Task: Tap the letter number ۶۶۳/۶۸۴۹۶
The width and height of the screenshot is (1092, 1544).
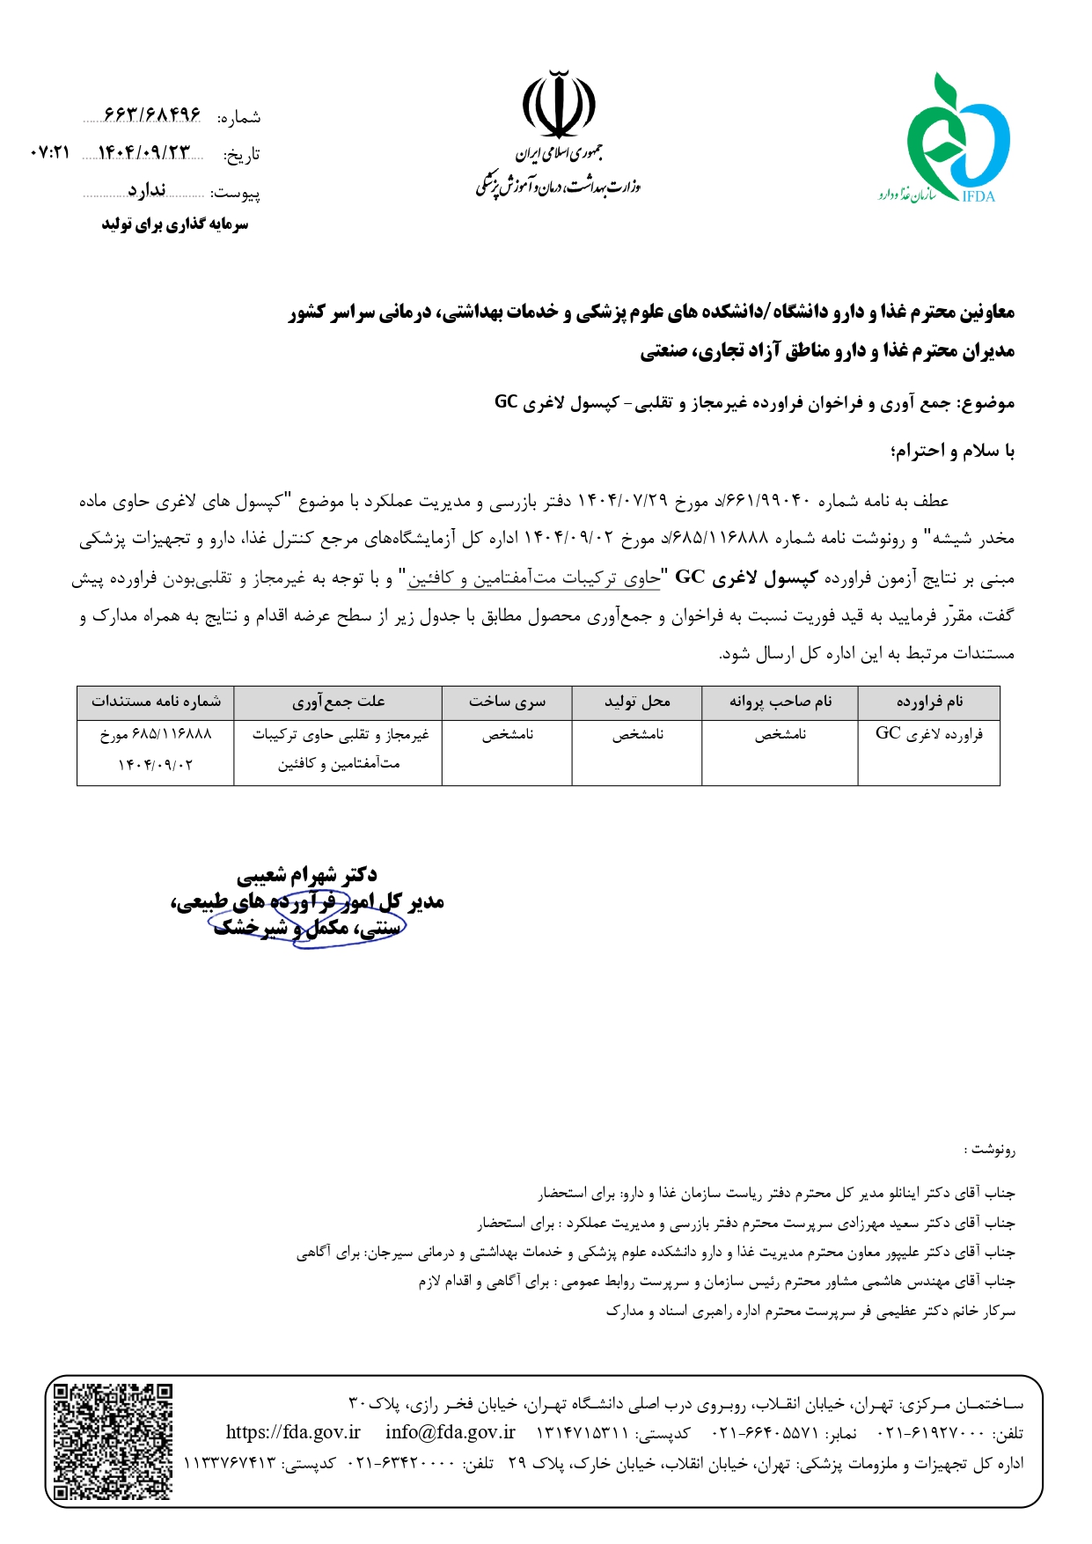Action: tap(152, 115)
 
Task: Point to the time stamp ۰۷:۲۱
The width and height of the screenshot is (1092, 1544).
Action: tap(49, 153)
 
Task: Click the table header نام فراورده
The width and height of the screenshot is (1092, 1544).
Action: tap(929, 702)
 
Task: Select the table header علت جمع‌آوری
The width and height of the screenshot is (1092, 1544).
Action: tap(338, 702)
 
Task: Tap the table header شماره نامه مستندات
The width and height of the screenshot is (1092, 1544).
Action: tap(156, 702)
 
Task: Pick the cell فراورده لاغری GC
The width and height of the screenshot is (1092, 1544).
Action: tap(928, 734)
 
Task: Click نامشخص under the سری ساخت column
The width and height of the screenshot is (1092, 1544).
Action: tap(508, 735)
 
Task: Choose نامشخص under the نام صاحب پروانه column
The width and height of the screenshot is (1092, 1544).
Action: tap(780, 735)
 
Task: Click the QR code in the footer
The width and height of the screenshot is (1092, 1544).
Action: tap(113, 1441)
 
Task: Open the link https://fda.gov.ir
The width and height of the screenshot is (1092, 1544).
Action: tap(293, 1432)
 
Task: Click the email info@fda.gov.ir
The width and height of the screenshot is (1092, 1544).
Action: tap(451, 1432)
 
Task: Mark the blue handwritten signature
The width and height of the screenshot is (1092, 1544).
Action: tap(308, 920)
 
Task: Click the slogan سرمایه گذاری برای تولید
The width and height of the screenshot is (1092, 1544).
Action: tap(174, 225)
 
